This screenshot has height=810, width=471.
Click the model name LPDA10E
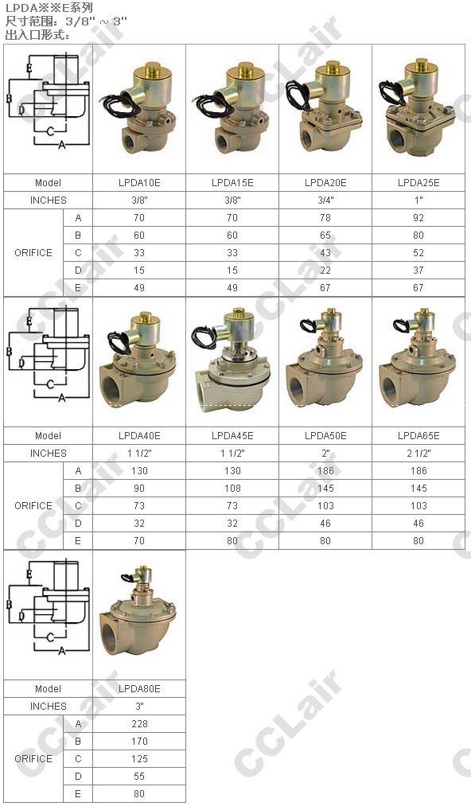point(139,183)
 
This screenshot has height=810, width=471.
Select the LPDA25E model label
point(418,183)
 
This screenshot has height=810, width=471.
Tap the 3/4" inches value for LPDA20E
point(325,201)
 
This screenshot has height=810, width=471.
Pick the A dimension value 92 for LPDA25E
point(418,218)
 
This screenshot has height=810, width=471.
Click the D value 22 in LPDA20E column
point(325,271)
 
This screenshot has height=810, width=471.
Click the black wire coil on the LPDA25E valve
point(391,94)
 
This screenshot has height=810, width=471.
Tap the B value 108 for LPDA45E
point(232,489)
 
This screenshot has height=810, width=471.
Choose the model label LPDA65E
point(418,436)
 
